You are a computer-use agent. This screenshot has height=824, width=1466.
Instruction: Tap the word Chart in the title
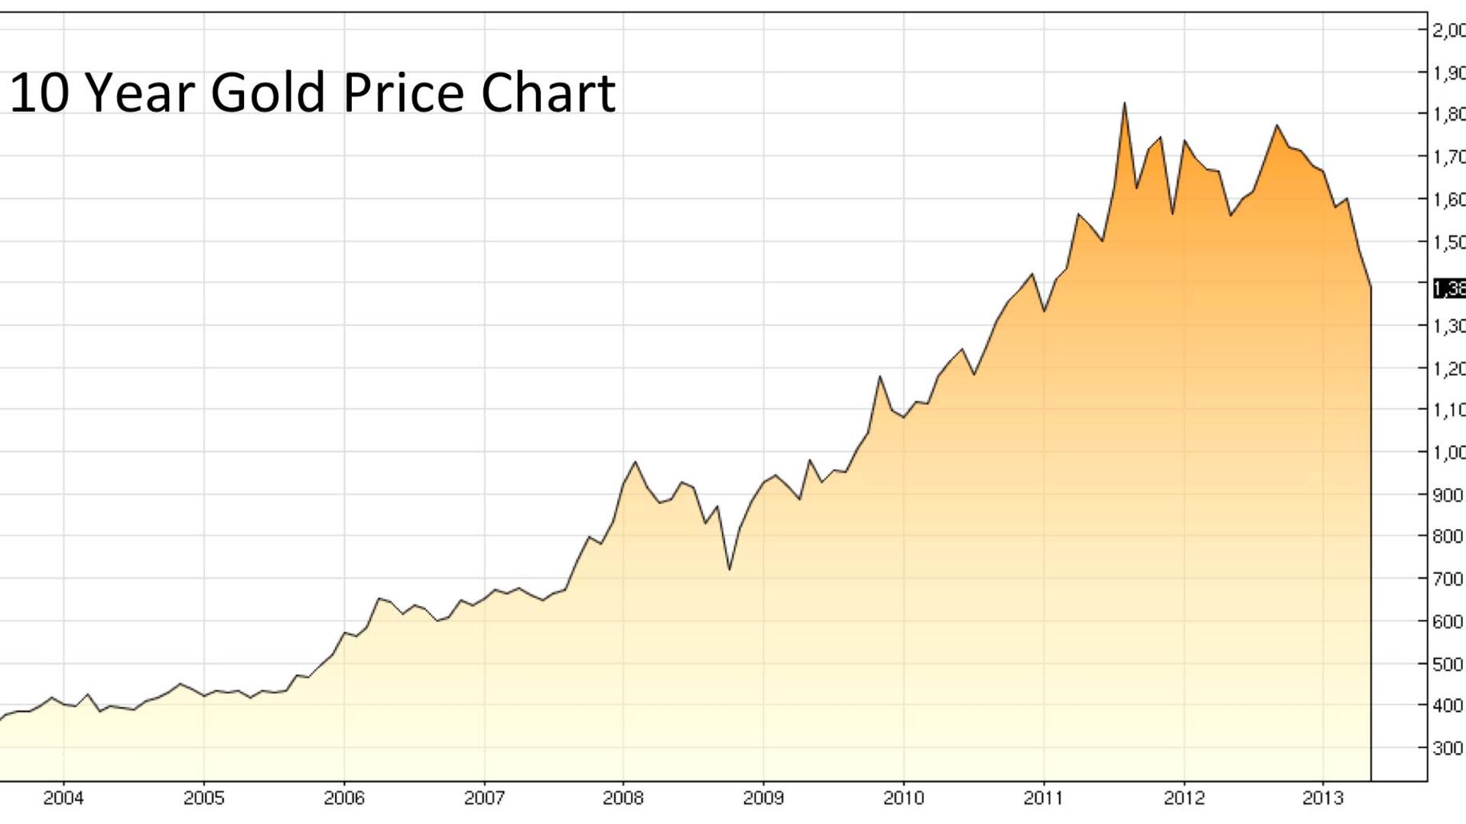tap(548, 93)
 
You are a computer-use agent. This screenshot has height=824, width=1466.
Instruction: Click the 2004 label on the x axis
tap(63, 799)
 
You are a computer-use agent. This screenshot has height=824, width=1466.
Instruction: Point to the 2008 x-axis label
tap(623, 799)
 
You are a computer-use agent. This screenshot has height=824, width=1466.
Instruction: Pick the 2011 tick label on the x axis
tap(1044, 799)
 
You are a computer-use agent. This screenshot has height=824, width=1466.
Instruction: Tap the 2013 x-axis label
tap(1323, 799)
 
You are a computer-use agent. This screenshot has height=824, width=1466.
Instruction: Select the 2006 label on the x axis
tap(344, 799)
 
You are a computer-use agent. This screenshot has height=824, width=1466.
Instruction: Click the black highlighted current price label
tap(1449, 289)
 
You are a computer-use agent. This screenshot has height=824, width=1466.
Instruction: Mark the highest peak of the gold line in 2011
tap(1124, 103)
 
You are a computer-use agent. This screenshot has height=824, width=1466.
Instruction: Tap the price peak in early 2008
tap(635, 462)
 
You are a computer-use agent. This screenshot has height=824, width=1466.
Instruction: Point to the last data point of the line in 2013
tap(1370, 287)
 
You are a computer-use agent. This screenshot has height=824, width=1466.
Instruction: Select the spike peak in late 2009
tap(880, 376)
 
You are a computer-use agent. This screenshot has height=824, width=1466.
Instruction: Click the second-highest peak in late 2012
tap(1276, 125)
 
